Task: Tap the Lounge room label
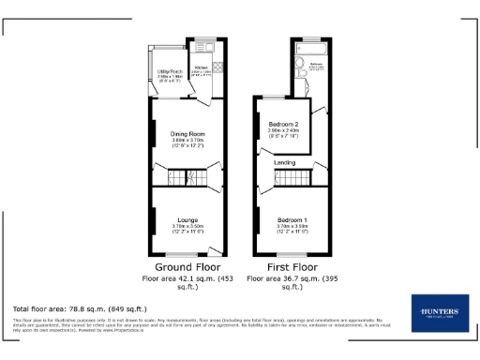coord(187,219)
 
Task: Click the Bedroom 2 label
coord(282,125)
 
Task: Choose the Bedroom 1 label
coord(293,219)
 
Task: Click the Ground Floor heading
coord(187,267)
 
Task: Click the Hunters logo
coord(434,312)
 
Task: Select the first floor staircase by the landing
coord(297,178)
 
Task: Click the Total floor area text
coord(79,308)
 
